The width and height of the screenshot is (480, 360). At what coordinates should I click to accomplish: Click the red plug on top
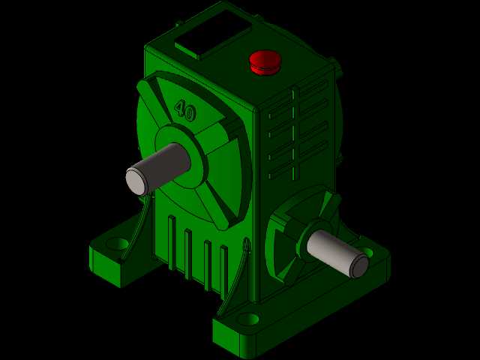tap(265, 62)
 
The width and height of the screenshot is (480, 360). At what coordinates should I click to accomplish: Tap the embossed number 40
tap(185, 110)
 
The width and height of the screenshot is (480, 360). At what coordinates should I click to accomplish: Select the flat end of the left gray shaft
tap(135, 181)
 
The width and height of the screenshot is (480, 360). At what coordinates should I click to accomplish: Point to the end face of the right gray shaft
tap(359, 266)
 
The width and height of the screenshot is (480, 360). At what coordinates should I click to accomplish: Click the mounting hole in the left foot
tap(118, 244)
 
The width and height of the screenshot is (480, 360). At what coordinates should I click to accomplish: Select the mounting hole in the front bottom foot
tap(248, 319)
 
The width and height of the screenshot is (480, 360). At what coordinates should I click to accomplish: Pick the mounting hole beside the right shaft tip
tap(370, 252)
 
